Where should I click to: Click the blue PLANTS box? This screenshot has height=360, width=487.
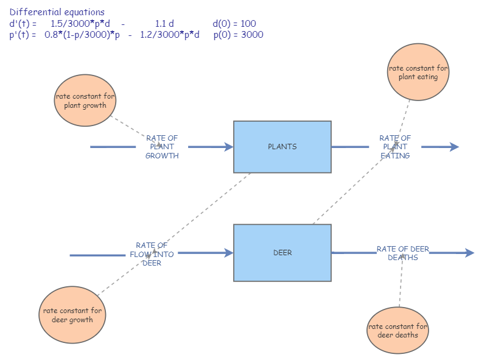pyautogui.click(x=282, y=147)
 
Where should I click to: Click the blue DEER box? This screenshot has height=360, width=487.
pyautogui.click(x=282, y=253)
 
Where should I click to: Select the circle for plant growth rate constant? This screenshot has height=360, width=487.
pyautogui.click(x=85, y=101)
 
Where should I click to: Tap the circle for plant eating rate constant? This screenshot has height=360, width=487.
pyautogui.click(x=418, y=73)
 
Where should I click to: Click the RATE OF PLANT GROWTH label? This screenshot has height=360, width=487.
pyautogui.click(x=162, y=147)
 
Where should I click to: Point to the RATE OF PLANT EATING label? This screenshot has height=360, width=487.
pyautogui.click(x=395, y=147)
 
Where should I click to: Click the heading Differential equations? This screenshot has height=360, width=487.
pyautogui.click(x=57, y=12)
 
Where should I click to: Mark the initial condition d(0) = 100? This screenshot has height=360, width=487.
pyautogui.click(x=234, y=24)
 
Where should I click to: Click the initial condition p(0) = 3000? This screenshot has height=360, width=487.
pyautogui.click(x=238, y=35)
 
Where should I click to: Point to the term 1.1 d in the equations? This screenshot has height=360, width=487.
pyautogui.click(x=164, y=24)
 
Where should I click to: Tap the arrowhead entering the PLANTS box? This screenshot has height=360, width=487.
pyautogui.click(x=229, y=147)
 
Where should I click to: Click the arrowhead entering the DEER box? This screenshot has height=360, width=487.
pyautogui.click(x=229, y=253)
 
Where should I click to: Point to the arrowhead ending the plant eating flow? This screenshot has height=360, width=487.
pyautogui.click(x=454, y=147)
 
